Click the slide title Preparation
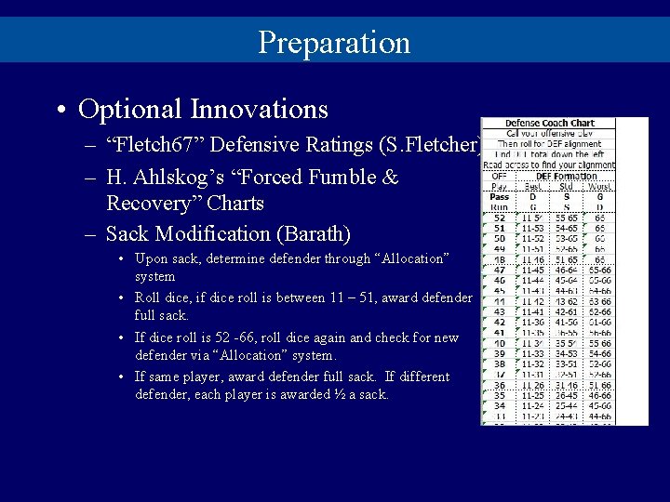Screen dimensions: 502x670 pos(334,43)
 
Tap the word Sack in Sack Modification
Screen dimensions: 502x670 pos(127,233)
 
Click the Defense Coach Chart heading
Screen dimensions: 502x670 pos(549,123)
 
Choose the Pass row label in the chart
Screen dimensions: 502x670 pos(499,196)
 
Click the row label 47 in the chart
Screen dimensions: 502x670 pos(499,270)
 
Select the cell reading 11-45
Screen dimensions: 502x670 pos(534,270)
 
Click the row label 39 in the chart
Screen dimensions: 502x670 pos(499,353)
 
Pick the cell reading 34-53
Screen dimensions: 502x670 pos(566,353)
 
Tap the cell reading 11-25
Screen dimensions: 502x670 pos(534,395)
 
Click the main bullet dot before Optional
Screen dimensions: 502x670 pos(60,111)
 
